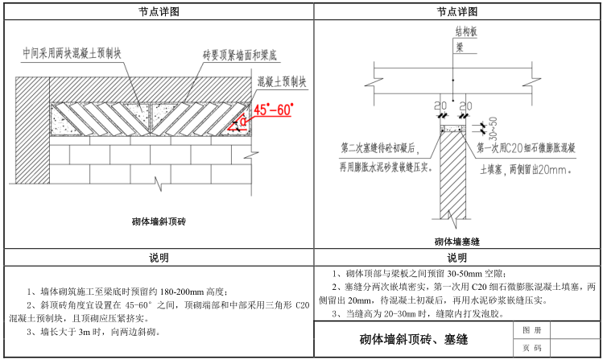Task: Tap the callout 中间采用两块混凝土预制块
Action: [x=72, y=53]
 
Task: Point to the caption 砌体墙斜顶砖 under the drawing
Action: [x=158, y=220]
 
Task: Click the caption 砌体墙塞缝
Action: [x=456, y=240]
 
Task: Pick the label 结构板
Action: [x=466, y=35]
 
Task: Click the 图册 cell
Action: [x=527, y=331]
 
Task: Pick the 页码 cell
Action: [x=527, y=349]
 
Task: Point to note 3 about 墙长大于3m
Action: [x=93, y=331]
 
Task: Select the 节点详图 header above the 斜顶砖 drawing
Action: [x=158, y=11]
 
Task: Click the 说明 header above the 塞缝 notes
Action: [x=456, y=258]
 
